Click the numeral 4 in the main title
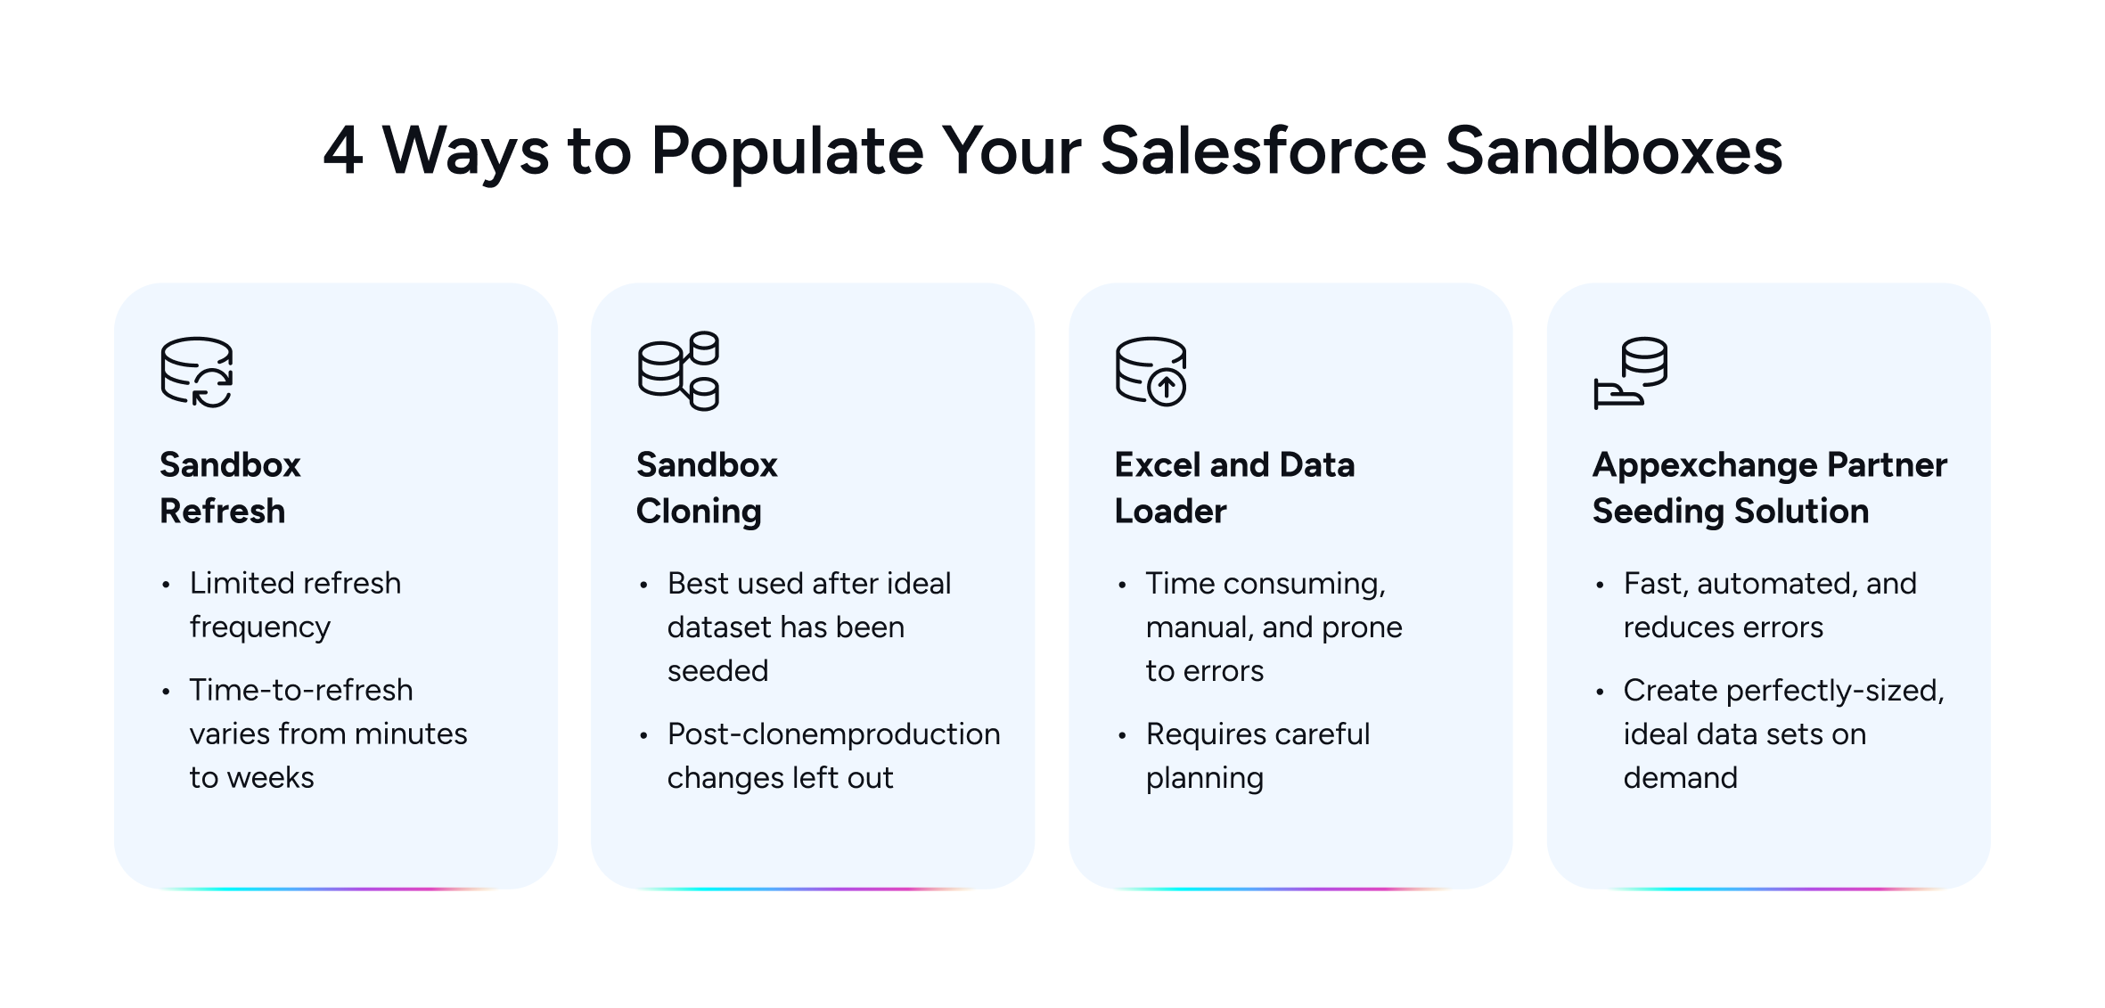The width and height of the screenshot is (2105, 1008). point(342,152)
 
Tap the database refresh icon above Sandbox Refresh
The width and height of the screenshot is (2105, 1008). point(197,373)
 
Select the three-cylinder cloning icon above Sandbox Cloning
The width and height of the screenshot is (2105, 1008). point(678,371)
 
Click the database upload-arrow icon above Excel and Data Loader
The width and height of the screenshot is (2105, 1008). point(1151,372)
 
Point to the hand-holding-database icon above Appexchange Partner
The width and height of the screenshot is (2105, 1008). point(1630,373)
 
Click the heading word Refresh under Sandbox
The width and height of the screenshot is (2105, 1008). point(222,512)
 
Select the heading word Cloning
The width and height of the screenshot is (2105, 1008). point(699,512)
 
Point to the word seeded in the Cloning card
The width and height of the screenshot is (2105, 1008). point(717,670)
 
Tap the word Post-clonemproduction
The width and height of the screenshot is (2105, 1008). point(833,734)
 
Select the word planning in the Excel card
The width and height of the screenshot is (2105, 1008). point(1204,778)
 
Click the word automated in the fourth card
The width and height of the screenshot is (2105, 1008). point(1770,584)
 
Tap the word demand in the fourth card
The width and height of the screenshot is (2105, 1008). point(1680,778)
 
